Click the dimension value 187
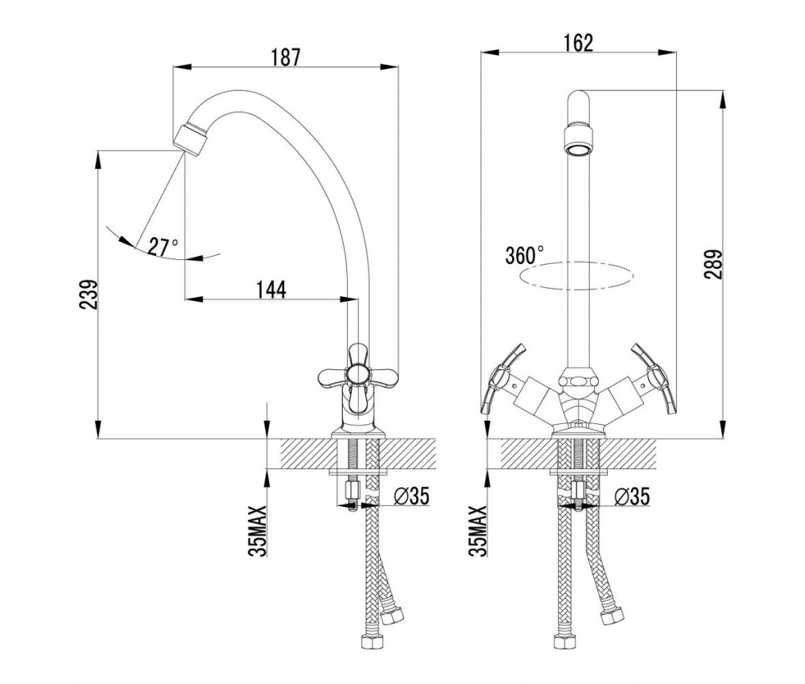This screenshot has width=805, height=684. click(286, 58)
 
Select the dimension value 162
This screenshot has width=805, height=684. click(578, 43)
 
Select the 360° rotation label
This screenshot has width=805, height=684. click(525, 255)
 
